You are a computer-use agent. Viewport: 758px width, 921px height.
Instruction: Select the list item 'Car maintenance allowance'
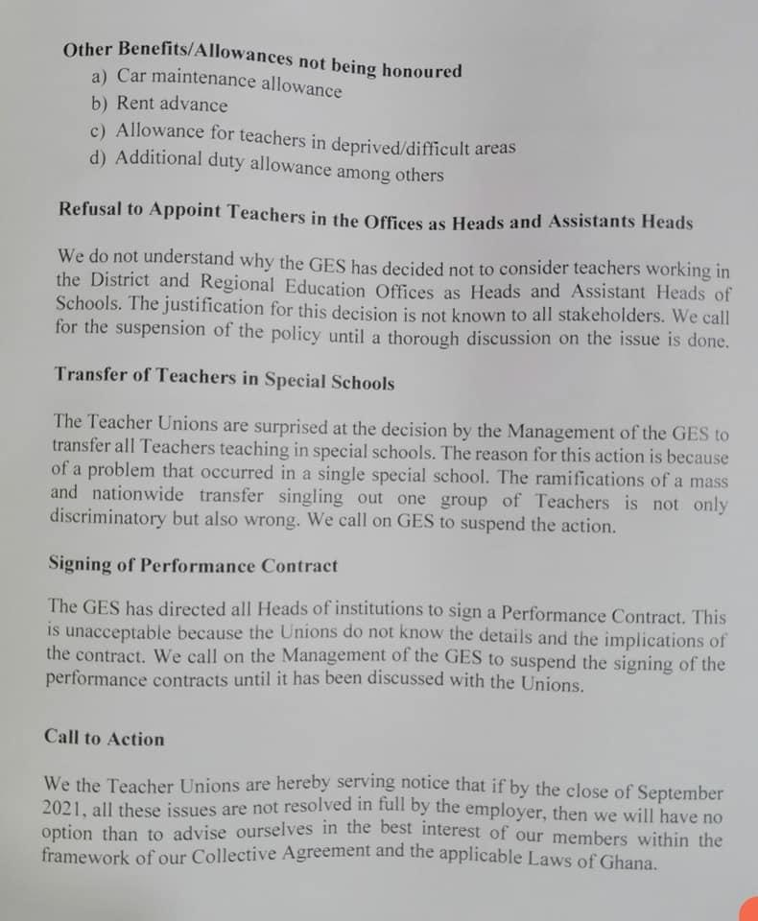click(x=228, y=83)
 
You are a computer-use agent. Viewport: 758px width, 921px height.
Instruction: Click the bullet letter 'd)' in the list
click(x=98, y=157)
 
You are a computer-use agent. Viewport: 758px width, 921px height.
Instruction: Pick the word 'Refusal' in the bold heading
click(x=92, y=210)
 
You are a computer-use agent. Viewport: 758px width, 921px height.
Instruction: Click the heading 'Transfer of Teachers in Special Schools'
click(x=224, y=376)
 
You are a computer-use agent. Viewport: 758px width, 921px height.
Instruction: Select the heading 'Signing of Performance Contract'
click(x=193, y=565)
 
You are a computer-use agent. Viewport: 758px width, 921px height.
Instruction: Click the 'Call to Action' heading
click(x=105, y=738)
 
